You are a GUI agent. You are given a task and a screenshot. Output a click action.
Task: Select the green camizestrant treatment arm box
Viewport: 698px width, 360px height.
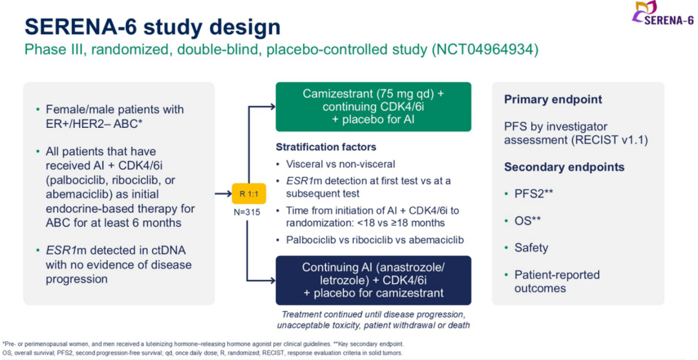point(374,107)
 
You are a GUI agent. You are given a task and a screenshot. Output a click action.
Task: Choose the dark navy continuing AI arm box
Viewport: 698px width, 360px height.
point(374,280)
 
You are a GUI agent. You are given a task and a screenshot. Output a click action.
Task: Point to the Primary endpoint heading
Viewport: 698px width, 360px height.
point(553,100)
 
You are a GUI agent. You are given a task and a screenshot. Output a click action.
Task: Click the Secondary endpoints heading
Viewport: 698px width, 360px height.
point(564,167)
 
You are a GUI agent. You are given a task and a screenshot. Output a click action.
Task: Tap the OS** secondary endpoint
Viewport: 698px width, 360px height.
point(527,220)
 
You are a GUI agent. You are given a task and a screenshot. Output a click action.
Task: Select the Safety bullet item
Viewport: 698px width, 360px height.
point(531,248)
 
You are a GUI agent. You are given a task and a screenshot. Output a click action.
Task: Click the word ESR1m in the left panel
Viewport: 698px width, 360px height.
point(62,250)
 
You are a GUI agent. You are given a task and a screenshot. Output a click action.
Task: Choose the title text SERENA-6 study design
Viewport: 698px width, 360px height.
point(153,26)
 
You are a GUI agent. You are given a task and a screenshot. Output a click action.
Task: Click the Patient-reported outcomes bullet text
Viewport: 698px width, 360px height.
point(556,281)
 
